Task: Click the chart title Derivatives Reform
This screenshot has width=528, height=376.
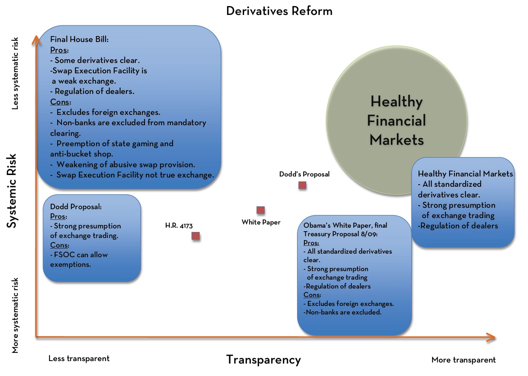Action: coord(279,11)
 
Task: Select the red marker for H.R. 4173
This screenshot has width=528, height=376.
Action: coord(195,236)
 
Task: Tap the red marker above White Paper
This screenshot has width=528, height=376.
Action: coord(260,210)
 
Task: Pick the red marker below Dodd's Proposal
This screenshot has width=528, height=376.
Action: coord(302,185)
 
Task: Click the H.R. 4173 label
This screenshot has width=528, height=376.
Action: coord(179,226)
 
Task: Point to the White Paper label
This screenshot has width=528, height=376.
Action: coord(261,222)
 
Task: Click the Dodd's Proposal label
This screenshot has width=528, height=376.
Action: coord(304,174)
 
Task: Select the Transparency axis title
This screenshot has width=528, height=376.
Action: coord(263,360)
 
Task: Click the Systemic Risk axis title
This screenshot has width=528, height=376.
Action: coord(12,191)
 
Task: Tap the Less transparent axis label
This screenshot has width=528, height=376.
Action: coord(79,359)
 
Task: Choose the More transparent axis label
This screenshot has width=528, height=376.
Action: coord(463,360)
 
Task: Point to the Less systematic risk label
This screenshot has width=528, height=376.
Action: coord(15,74)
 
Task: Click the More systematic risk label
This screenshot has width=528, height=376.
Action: coord(15,316)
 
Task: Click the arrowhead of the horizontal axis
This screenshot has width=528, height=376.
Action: coord(492,337)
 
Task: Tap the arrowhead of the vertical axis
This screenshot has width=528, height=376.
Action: coord(36,39)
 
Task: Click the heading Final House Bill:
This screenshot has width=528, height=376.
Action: coord(79,39)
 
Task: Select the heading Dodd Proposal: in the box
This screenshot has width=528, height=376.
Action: coord(76,207)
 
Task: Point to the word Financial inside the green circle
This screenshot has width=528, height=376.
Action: coord(396,121)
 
